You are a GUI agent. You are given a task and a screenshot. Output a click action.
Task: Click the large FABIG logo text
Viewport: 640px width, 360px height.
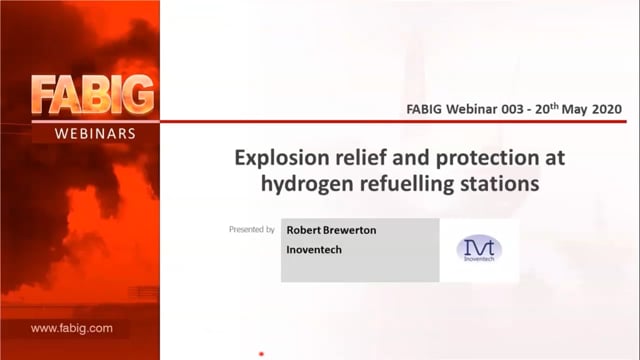click(93, 95)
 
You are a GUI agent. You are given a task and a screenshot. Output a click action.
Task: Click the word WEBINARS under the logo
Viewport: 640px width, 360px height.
click(95, 134)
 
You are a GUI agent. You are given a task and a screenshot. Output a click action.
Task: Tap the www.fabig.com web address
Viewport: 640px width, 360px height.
click(71, 328)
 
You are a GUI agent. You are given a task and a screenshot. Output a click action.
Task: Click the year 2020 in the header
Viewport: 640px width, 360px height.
click(607, 109)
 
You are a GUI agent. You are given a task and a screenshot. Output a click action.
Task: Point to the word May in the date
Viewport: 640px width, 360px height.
click(575, 110)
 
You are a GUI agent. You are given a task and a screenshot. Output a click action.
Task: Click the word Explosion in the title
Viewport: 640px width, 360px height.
click(282, 158)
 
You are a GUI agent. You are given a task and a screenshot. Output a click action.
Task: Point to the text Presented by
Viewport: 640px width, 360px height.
click(251, 229)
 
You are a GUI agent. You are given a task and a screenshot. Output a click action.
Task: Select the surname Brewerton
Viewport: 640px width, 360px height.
click(349, 230)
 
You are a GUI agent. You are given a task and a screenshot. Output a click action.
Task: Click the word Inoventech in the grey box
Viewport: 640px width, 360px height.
click(314, 249)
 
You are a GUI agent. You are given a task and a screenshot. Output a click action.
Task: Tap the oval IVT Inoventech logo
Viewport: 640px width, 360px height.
click(479, 249)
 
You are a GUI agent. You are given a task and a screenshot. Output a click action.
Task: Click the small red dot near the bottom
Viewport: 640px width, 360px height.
click(261, 354)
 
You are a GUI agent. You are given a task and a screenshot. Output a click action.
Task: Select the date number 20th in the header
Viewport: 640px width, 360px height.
click(547, 109)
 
